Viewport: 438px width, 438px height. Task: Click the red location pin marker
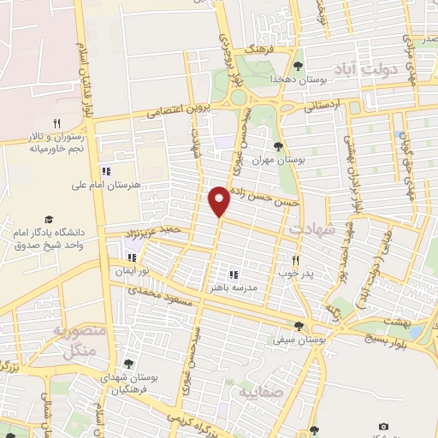(220, 200)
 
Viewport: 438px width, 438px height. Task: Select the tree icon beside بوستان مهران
(279, 146)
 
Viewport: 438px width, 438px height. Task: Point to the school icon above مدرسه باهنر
(233, 275)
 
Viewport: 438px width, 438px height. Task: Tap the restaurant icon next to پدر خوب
(296, 260)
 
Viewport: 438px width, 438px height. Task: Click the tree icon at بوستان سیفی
(298, 325)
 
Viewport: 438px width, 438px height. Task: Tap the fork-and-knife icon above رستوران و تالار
(56, 122)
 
